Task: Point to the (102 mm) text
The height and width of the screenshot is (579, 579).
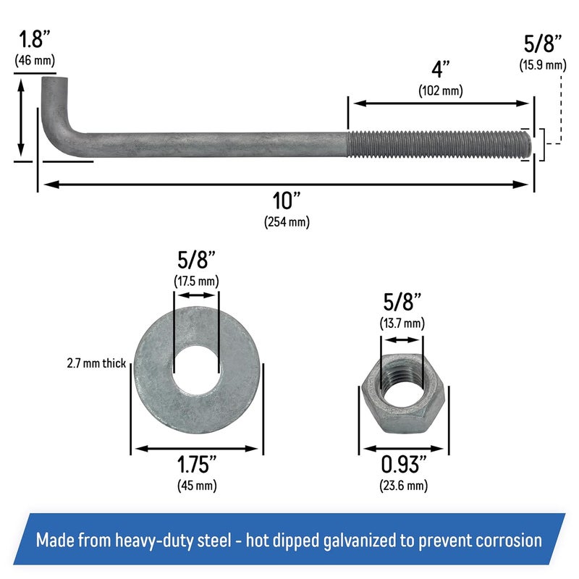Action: [440, 90]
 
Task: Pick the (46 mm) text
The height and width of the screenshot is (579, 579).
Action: [34, 60]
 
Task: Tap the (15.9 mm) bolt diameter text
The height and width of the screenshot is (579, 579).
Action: [542, 65]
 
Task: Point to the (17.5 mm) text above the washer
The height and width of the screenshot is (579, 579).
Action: [196, 280]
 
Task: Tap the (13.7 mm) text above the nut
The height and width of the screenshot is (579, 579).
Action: [402, 323]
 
